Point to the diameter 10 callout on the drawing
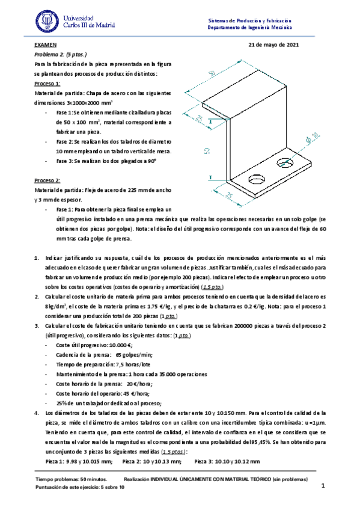312,143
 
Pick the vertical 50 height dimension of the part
207,150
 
